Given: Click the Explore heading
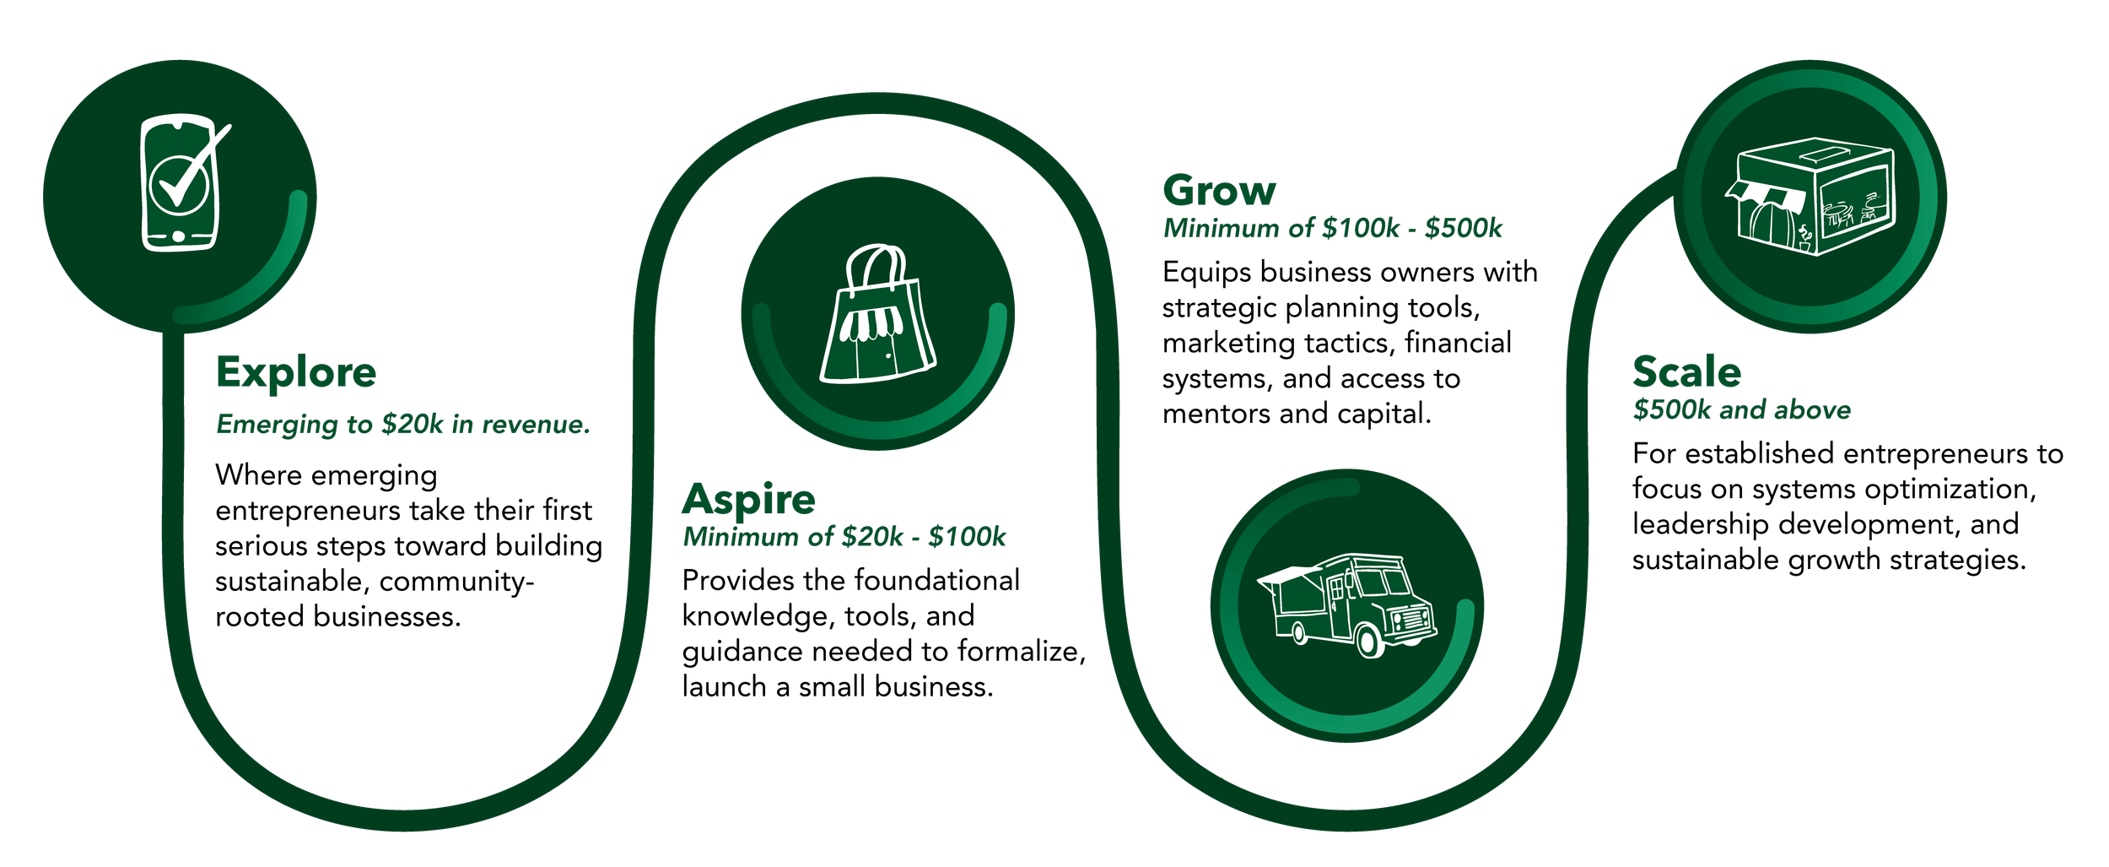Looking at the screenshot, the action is pyautogui.click(x=296, y=372).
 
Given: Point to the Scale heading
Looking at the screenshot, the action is pyautogui.click(x=1686, y=371).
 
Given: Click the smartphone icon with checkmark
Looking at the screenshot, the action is pyautogui.click(x=181, y=183).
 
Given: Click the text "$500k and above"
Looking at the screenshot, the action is pyautogui.click(x=1742, y=410).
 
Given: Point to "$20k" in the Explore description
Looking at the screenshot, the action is pyautogui.click(x=412, y=424).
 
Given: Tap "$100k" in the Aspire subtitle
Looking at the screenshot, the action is pyautogui.click(x=967, y=537).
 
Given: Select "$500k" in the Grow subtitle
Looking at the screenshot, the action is pyautogui.click(x=1463, y=229).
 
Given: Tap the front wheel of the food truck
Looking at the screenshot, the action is pyautogui.click(x=1370, y=642).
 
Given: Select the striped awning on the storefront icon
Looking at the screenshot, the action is pyautogui.click(x=1766, y=195).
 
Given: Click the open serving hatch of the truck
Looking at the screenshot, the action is pyautogui.click(x=1289, y=577).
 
